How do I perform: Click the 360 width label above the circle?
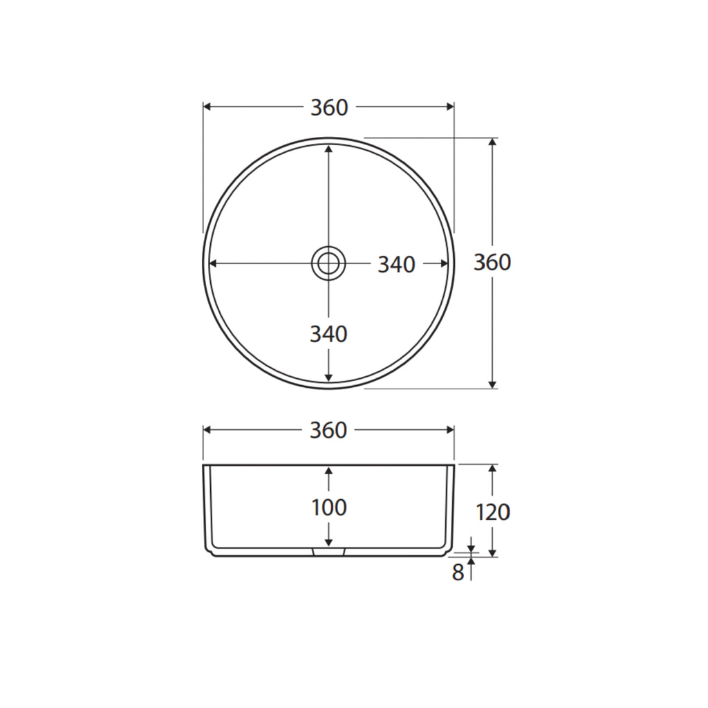pyautogui.click(x=329, y=108)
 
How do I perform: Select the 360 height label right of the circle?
pyautogui.click(x=492, y=262)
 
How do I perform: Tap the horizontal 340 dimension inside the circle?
pyautogui.click(x=396, y=265)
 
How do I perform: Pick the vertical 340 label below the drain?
pyautogui.click(x=328, y=335)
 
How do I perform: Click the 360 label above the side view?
pyautogui.click(x=328, y=430)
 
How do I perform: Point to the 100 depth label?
pyautogui.click(x=329, y=507)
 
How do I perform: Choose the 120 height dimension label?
pyautogui.click(x=492, y=512)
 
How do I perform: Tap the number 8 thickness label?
pyautogui.click(x=458, y=572)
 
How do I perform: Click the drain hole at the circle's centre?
pyautogui.click(x=328, y=263)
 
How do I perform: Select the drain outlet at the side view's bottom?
pyautogui.click(x=328, y=552)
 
